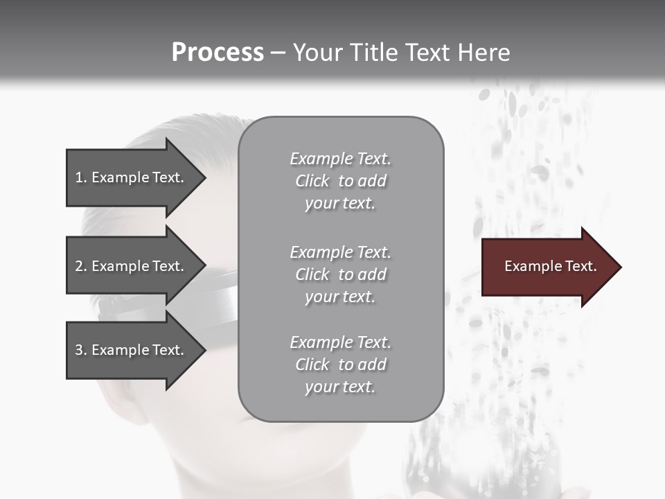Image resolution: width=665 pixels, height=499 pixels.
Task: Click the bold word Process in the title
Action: [218, 53]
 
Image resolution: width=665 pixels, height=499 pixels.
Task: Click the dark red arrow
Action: [547, 267]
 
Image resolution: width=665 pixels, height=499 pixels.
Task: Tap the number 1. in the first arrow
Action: [81, 177]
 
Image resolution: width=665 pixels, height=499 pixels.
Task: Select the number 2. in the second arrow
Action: [81, 266]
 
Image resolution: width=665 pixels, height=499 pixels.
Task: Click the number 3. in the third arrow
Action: [81, 350]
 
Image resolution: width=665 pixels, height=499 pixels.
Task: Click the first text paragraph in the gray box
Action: [340, 181]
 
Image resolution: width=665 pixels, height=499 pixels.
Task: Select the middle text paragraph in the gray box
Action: [340, 274]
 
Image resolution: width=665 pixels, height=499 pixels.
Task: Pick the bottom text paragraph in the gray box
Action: [340, 365]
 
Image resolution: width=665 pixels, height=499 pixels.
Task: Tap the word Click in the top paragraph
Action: [312, 181]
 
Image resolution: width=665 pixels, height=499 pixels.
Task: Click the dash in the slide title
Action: [278, 53]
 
